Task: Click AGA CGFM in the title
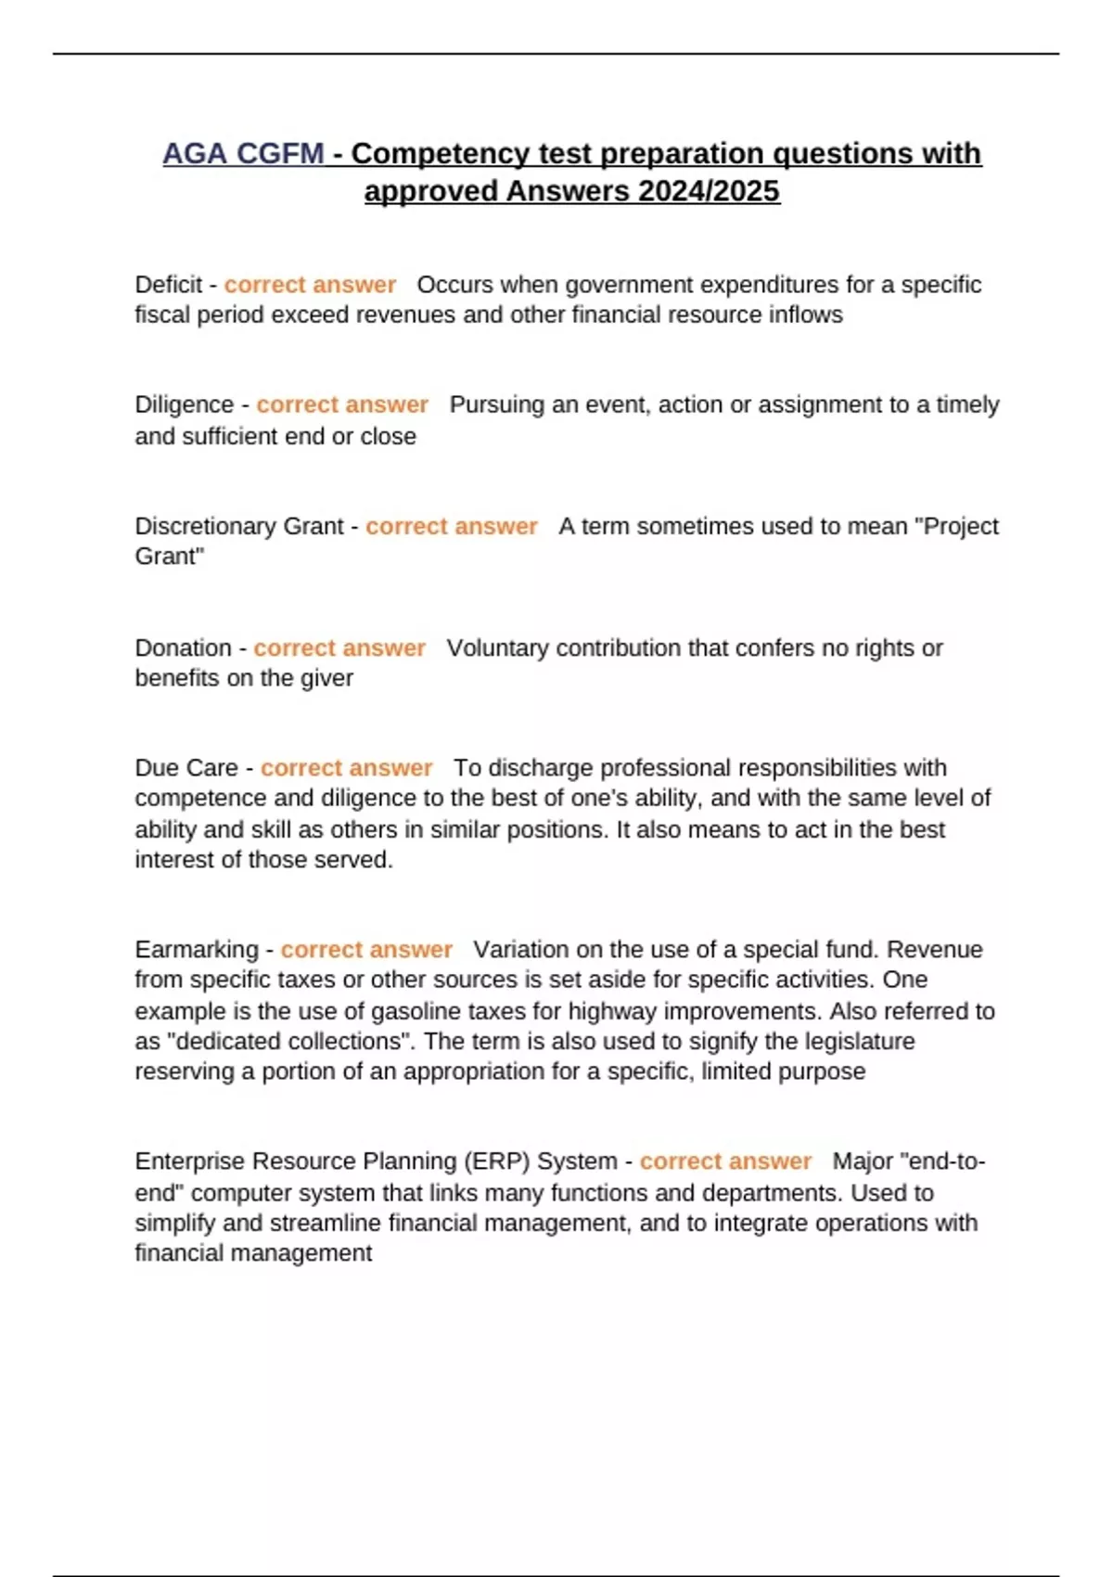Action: pos(243,153)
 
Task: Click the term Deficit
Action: pos(168,285)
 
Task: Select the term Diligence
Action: pos(184,405)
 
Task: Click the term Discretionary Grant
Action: pos(238,527)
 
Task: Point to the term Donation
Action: pos(183,647)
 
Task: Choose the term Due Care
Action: pos(186,768)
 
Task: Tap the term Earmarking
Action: pos(197,950)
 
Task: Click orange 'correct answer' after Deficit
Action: pos(310,285)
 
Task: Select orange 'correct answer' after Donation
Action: pos(339,647)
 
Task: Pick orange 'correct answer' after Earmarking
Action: pos(366,950)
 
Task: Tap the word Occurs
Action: pos(454,285)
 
